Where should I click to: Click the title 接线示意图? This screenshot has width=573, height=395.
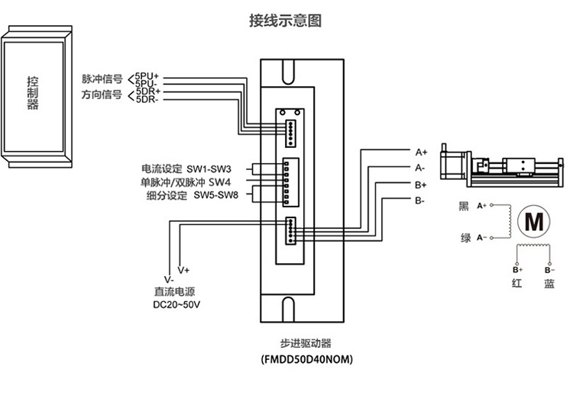(x=285, y=21)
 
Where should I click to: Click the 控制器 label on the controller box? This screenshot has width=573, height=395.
(x=32, y=93)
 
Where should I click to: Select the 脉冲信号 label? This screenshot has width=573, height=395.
(x=102, y=79)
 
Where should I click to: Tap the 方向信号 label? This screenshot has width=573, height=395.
(x=102, y=95)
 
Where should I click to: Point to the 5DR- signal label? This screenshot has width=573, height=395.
(x=147, y=100)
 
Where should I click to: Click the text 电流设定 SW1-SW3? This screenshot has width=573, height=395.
(x=186, y=169)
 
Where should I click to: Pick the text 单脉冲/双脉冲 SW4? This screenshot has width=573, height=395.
(x=186, y=182)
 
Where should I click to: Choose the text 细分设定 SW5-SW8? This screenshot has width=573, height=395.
(x=191, y=195)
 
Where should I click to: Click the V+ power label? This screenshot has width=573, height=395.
(x=184, y=270)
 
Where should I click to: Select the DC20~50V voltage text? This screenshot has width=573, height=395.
(x=177, y=305)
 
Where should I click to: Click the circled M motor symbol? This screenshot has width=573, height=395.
(x=530, y=220)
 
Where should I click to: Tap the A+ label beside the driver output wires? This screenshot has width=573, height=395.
(x=420, y=152)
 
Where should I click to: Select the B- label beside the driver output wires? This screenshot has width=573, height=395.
(x=420, y=201)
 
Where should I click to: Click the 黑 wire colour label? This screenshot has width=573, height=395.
(x=464, y=206)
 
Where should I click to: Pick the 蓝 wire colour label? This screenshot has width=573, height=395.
(x=549, y=284)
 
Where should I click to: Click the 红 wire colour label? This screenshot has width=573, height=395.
(x=516, y=284)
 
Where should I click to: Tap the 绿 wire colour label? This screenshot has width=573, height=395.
(x=465, y=238)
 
